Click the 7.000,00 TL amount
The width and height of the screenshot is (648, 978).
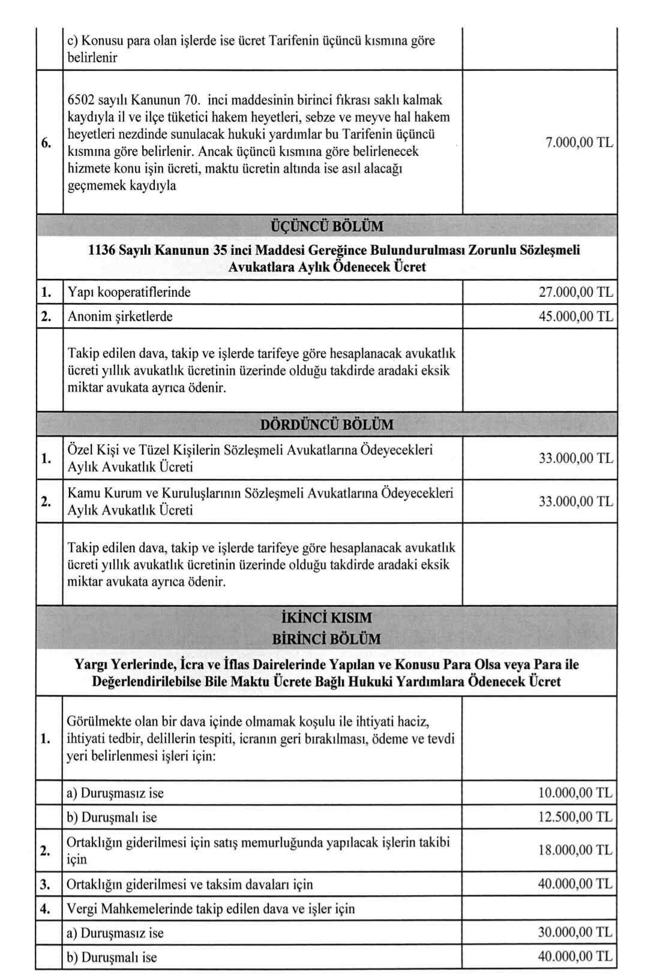(579, 143)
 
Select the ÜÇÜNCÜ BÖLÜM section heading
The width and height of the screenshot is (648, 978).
(327, 227)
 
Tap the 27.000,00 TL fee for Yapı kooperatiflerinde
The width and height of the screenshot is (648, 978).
(576, 293)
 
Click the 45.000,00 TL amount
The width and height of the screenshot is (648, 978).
(576, 317)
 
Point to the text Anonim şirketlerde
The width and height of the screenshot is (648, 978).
(120, 317)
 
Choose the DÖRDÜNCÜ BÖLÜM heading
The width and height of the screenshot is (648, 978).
(327, 425)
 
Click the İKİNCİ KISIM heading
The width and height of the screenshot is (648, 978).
(326, 618)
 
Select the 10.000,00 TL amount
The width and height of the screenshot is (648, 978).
(575, 793)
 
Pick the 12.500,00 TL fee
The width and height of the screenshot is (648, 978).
(575, 817)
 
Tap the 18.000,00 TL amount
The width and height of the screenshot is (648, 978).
(575, 850)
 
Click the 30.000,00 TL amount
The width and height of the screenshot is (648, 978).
(575, 932)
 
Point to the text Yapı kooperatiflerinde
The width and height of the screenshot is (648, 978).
(129, 293)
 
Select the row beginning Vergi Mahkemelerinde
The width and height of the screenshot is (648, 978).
(210, 909)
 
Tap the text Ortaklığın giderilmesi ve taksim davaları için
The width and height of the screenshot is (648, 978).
(190, 884)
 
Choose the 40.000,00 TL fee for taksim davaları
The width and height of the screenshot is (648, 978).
(575, 884)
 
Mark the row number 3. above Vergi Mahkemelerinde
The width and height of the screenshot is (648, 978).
(45, 884)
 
